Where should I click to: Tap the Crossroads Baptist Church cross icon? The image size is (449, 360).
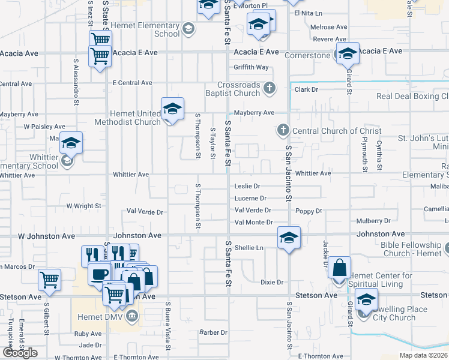(x=270, y=89)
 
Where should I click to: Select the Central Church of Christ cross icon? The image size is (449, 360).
(x=283, y=131)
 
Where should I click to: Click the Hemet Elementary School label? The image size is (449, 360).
(x=150, y=30)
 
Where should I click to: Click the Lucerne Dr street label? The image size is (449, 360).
(x=250, y=198)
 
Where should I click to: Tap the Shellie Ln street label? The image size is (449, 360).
(x=249, y=247)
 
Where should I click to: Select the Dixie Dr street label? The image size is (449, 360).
(x=271, y=282)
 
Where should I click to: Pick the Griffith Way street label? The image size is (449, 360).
(x=251, y=67)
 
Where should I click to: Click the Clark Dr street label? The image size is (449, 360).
(x=306, y=89)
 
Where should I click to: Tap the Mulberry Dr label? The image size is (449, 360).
(x=373, y=221)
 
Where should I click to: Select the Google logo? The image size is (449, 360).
(x=20, y=353)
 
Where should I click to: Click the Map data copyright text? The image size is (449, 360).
(x=424, y=355)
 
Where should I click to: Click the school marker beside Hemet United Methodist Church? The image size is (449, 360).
(x=172, y=109)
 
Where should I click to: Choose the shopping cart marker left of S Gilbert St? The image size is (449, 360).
(x=49, y=280)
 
